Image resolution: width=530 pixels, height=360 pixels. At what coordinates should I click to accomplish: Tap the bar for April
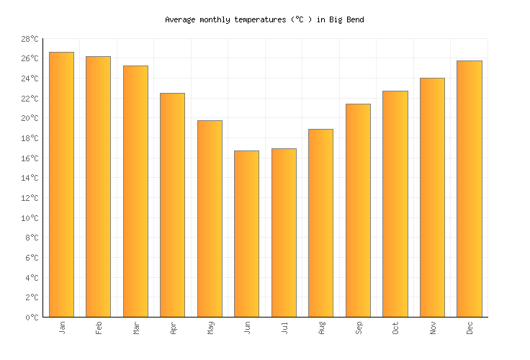(172, 205)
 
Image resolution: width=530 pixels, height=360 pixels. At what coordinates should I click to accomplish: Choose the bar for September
(358, 210)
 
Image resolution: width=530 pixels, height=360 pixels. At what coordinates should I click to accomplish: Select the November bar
(432, 197)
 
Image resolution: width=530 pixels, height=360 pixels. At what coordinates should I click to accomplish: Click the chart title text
(264, 20)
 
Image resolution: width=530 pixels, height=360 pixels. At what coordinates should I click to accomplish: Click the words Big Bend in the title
(347, 20)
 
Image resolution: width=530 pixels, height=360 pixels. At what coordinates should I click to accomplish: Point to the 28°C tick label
(30, 39)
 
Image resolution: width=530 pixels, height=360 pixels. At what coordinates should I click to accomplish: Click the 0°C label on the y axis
(32, 318)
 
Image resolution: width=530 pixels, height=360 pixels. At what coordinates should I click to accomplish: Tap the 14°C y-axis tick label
(30, 178)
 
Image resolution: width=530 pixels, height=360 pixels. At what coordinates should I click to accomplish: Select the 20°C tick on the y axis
(30, 119)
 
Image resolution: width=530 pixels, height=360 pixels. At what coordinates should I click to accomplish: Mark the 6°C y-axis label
(32, 258)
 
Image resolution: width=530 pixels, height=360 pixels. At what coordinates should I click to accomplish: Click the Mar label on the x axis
(136, 328)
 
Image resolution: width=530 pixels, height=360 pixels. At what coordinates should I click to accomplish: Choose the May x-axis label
(210, 328)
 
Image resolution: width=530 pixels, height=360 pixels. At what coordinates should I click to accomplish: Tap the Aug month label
(321, 328)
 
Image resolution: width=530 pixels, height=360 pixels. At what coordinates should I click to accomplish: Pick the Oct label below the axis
(395, 328)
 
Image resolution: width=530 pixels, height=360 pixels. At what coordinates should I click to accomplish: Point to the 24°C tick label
(30, 78)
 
